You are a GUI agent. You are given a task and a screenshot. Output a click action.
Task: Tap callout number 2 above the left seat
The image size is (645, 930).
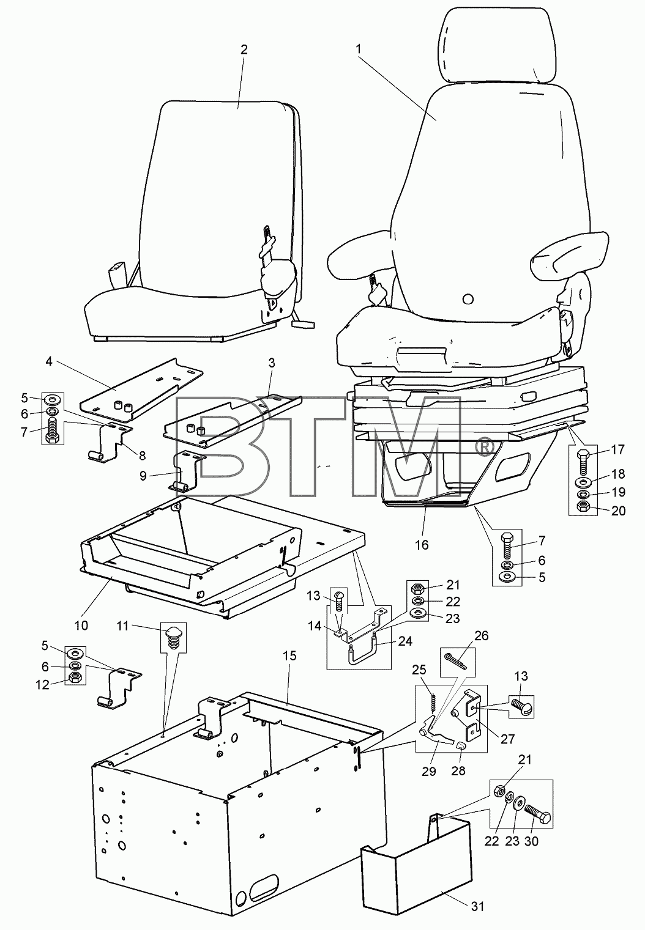244,50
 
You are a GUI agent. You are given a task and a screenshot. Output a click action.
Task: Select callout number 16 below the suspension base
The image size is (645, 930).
422,544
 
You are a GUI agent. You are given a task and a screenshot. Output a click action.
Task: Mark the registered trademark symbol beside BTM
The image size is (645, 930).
482,447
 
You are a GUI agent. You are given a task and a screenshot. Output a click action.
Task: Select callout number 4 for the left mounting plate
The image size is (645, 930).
49,361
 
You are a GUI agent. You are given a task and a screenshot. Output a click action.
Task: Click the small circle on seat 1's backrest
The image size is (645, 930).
468,298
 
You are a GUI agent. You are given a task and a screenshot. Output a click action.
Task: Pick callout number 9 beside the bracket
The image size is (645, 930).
143,476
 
